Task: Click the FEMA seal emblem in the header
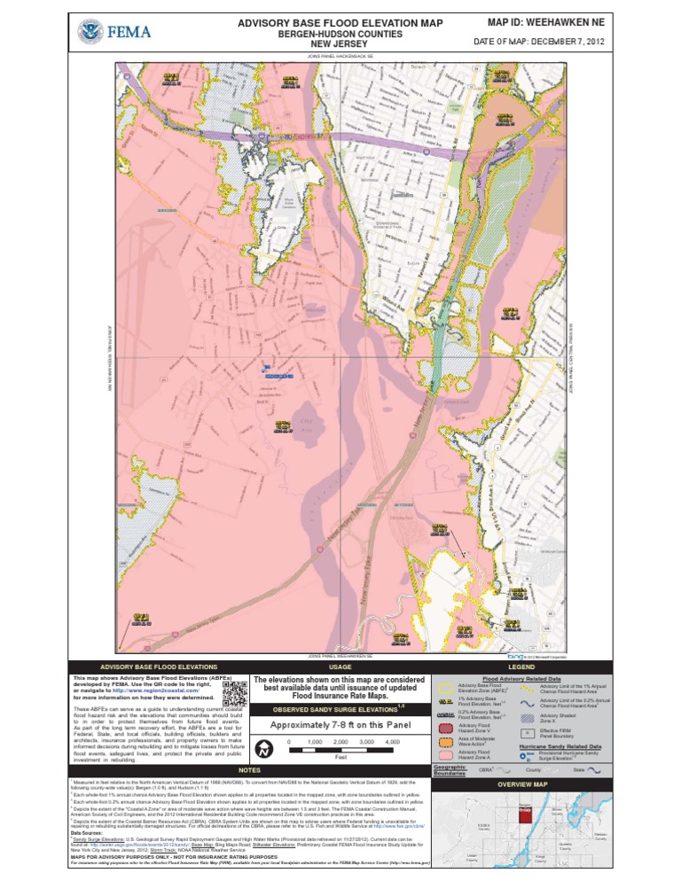tap(89, 33)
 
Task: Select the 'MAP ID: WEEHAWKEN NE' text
tap(552, 21)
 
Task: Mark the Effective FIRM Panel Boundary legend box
tap(527, 733)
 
